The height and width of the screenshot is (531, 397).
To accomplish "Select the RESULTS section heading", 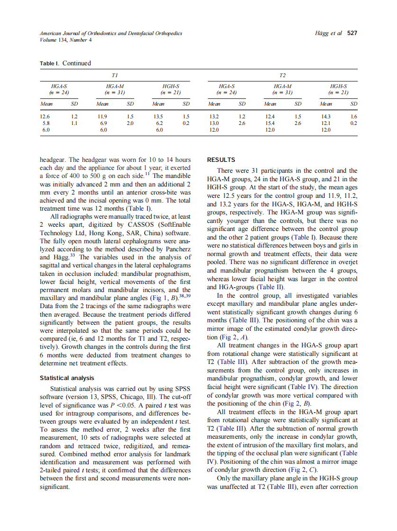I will tap(221, 160).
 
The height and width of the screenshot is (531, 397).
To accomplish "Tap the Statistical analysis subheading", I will tap(67, 378).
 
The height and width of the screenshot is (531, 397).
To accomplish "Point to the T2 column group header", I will tap(282, 75).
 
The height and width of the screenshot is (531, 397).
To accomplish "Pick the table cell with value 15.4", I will tap(271, 123).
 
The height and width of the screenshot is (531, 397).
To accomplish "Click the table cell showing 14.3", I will tap(326, 116).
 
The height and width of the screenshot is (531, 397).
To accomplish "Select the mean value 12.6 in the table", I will tap(45, 116).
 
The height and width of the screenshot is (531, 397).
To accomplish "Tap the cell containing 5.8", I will tap(45, 123).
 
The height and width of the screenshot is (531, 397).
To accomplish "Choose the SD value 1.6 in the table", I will tap(353, 116).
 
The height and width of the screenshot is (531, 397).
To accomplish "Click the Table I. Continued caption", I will tap(65, 63).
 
